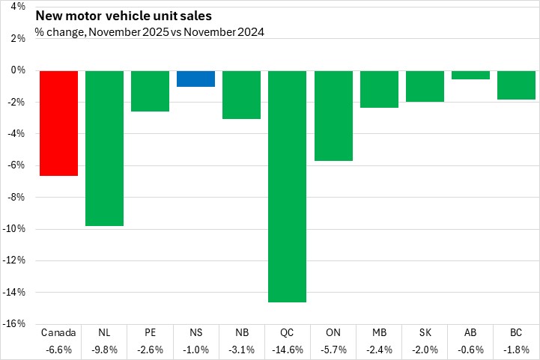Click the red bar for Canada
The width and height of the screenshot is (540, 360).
58,123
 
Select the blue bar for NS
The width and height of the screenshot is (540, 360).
195,79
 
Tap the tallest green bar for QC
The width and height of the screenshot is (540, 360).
287,186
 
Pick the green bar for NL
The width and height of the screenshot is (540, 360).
104,147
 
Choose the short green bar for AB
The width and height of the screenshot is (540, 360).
470,75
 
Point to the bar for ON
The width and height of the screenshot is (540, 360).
333,115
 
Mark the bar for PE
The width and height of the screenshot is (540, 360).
150,91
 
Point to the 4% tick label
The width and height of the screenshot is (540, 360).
17,7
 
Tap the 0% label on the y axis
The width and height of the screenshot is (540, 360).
17,70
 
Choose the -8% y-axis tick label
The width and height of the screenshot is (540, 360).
16,197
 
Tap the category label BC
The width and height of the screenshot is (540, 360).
516,332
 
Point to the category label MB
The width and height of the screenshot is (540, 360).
378,332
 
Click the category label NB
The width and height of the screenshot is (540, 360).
241,332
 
